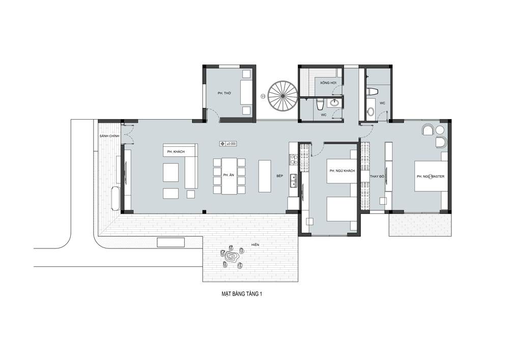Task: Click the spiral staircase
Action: [282, 96]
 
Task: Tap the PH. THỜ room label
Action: [224, 93]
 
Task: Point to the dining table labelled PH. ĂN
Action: [229, 176]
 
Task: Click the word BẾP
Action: [280, 176]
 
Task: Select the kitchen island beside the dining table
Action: [265, 176]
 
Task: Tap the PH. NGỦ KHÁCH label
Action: [342, 171]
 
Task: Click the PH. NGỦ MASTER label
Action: [431, 176]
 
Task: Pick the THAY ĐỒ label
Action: [377, 176]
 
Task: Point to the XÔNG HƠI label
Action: [328, 83]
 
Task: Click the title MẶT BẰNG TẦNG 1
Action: [242, 294]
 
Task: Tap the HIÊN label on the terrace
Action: [255, 244]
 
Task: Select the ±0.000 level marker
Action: [228, 144]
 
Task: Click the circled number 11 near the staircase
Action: [263, 96]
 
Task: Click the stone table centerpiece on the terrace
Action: [232, 257]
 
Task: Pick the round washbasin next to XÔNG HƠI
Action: [334, 103]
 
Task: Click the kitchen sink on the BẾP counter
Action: [294, 180]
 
